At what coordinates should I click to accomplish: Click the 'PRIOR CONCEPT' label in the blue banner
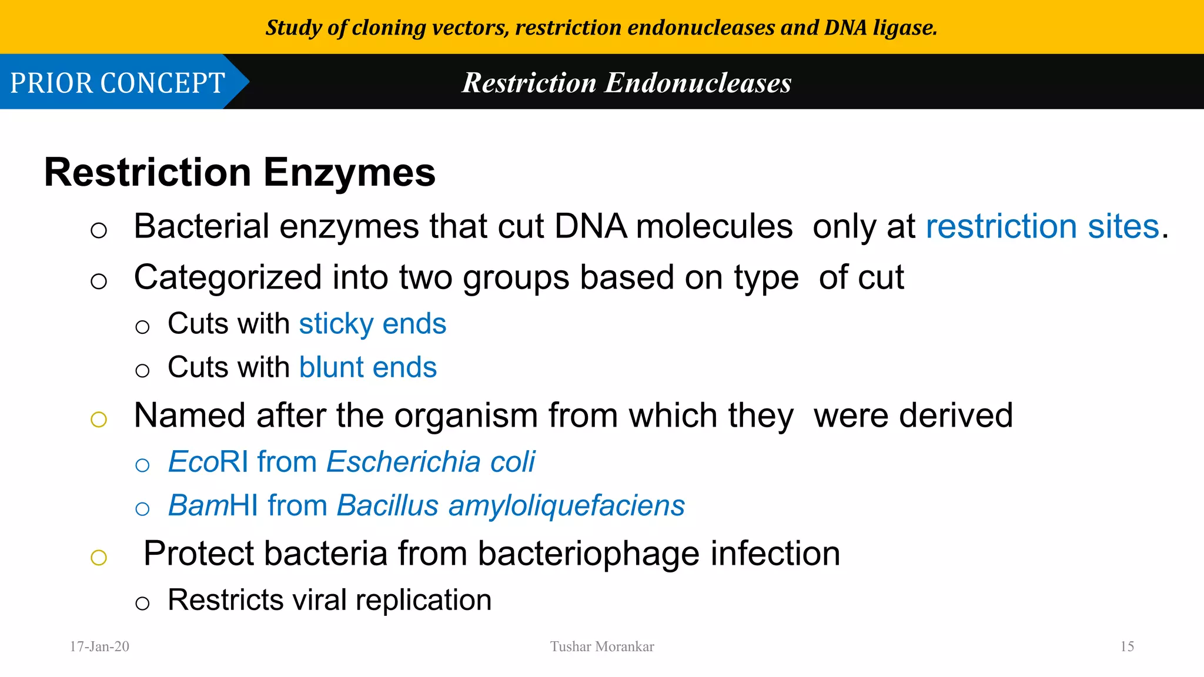(x=118, y=83)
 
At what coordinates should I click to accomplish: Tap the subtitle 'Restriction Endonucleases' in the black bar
(x=626, y=83)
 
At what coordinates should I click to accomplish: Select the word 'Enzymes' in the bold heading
(x=349, y=173)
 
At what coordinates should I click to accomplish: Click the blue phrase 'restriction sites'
(x=1042, y=227)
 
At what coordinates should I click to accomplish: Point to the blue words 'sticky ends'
(x=372, y=324)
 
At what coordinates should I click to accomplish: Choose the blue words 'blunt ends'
(x=367, y=367)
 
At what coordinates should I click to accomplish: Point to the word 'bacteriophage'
(x=588, y=554)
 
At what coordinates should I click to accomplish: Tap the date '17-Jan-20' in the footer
(x=99, y=646)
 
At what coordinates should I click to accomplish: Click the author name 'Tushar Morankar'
(x=602, y=646)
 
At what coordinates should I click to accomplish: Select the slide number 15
(x=1127, y=646)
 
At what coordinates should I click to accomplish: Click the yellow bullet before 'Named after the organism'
(x=99, y=420)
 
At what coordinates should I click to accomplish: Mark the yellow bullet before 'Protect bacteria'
(x=99, y=557)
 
